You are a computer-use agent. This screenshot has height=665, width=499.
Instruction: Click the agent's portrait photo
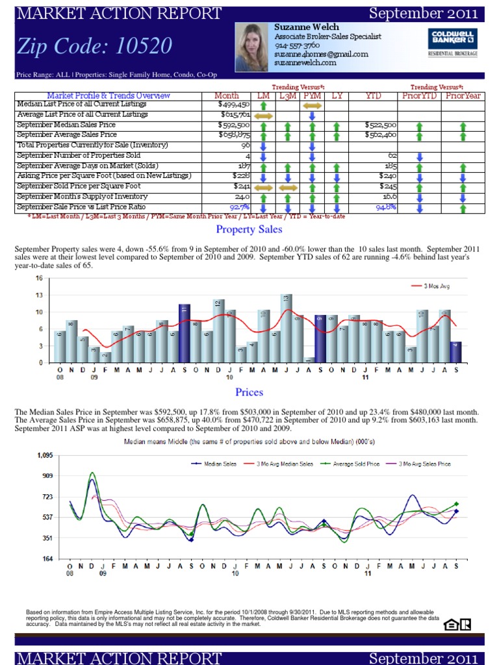[x=251, y=47]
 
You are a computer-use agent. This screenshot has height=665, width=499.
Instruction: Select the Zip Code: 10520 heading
[x=95, y=45]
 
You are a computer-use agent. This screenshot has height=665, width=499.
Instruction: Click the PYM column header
[x=312, y=95]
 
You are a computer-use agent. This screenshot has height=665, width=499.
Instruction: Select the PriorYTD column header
[x=419, y=95]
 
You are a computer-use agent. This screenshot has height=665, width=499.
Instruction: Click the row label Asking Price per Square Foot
[x=104, y=176]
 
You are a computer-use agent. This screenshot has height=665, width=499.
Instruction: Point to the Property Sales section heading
[x=249, y=229]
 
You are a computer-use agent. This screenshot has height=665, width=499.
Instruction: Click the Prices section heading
[x=249, y=392]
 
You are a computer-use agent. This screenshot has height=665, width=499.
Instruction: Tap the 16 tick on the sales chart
[x=39, y=278]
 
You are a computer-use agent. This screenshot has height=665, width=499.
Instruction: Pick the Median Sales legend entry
[x=216, y=464]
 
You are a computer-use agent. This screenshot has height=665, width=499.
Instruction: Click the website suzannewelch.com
[x=305, y=63]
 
